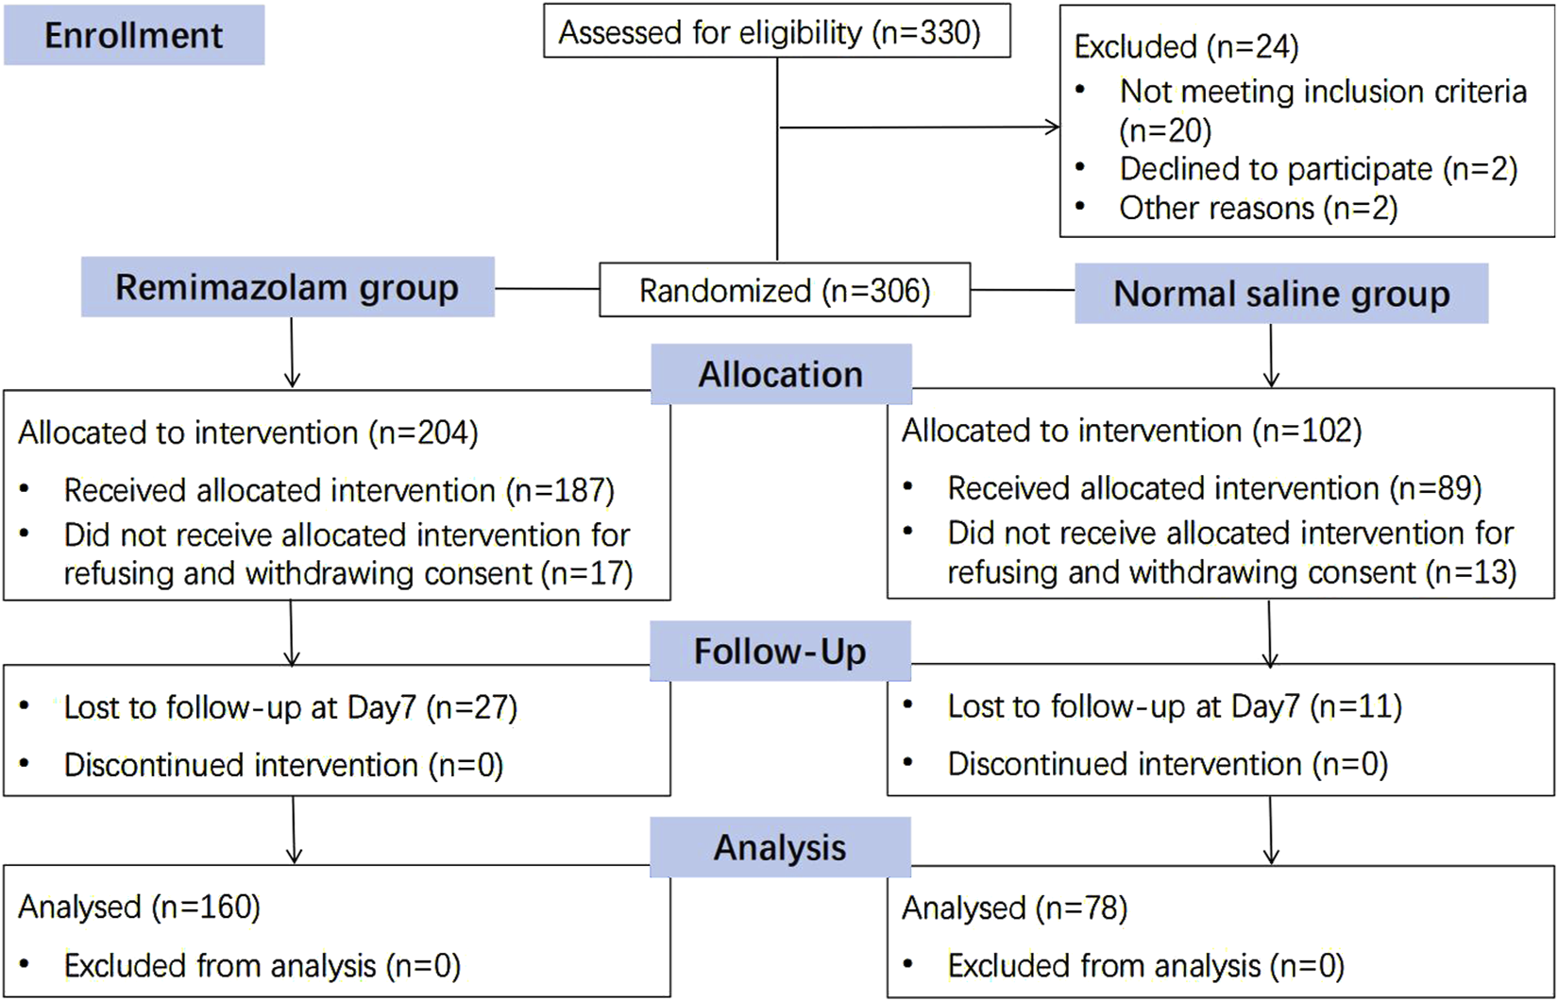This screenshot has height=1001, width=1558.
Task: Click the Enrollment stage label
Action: click(x=133, y=35)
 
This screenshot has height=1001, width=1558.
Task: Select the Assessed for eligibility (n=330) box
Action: click(x=776, y=32)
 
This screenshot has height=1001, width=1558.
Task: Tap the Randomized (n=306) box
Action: click(x=784, y=290)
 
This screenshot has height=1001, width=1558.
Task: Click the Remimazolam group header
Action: click(x=287, y=287)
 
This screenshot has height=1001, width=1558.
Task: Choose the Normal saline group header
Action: click(x=1280, y=294)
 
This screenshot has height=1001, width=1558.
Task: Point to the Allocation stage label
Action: click(x=780, y=375)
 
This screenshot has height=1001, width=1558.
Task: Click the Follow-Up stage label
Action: click(x=779, y=652)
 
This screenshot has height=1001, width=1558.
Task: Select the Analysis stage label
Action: click(x=779, y=848)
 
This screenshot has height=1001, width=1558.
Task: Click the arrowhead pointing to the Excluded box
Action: click(x=1052, y=127)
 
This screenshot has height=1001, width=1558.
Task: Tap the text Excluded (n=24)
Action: click(x=1186, y=46)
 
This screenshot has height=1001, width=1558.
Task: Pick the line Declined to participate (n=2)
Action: click(x=1317, y=169)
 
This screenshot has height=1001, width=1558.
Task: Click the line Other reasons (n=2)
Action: click(x=1258, y=208)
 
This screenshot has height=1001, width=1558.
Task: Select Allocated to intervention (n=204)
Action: click(x=248, y=433)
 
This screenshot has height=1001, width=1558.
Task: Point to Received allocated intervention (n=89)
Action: click(x=1214, y=488)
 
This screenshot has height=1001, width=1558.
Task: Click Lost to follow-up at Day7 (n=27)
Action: click(x=290, y=707)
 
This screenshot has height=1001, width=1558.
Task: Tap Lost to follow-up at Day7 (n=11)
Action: click(x=1174, y=706)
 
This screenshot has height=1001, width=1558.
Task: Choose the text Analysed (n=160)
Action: click(x=139, y=907)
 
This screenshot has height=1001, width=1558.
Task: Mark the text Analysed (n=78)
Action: click(x=1014, y=908)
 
